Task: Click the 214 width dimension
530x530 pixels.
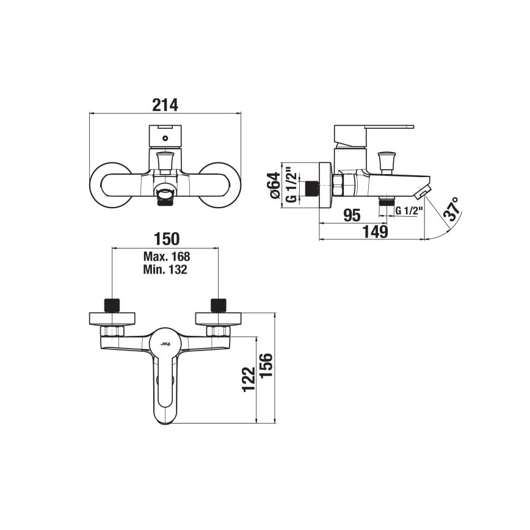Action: pos(165,104)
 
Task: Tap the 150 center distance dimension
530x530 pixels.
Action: pos(165,239)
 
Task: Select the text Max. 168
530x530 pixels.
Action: pos(166,256)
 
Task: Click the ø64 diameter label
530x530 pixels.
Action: pos(275,185)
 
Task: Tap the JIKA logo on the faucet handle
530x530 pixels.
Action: pos(165,345)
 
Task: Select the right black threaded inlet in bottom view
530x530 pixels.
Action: pos(218,304)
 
